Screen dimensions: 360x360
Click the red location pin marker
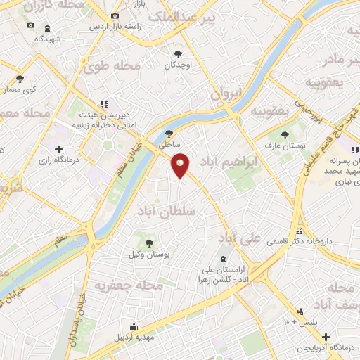181,165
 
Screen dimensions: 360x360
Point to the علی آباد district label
245,237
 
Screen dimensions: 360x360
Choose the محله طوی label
111,66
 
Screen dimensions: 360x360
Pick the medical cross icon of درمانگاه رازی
59,149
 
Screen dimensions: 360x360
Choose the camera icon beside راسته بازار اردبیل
115,15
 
